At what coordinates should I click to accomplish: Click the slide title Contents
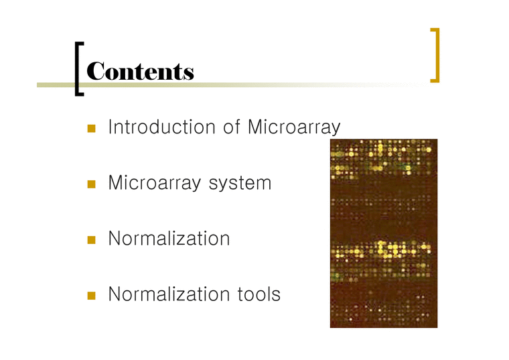tap(141, 71)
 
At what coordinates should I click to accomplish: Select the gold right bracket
tap(435, 55)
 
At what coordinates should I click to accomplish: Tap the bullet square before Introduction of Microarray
tap(91, 127)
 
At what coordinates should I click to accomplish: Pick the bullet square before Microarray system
tap(91, 183)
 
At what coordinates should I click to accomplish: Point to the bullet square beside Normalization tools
tap(91, 294)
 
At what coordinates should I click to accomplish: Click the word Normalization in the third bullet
tap(169, 238)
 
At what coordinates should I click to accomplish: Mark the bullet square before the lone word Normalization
tap(91, 239)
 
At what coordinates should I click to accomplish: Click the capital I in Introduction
tap(111, 127)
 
